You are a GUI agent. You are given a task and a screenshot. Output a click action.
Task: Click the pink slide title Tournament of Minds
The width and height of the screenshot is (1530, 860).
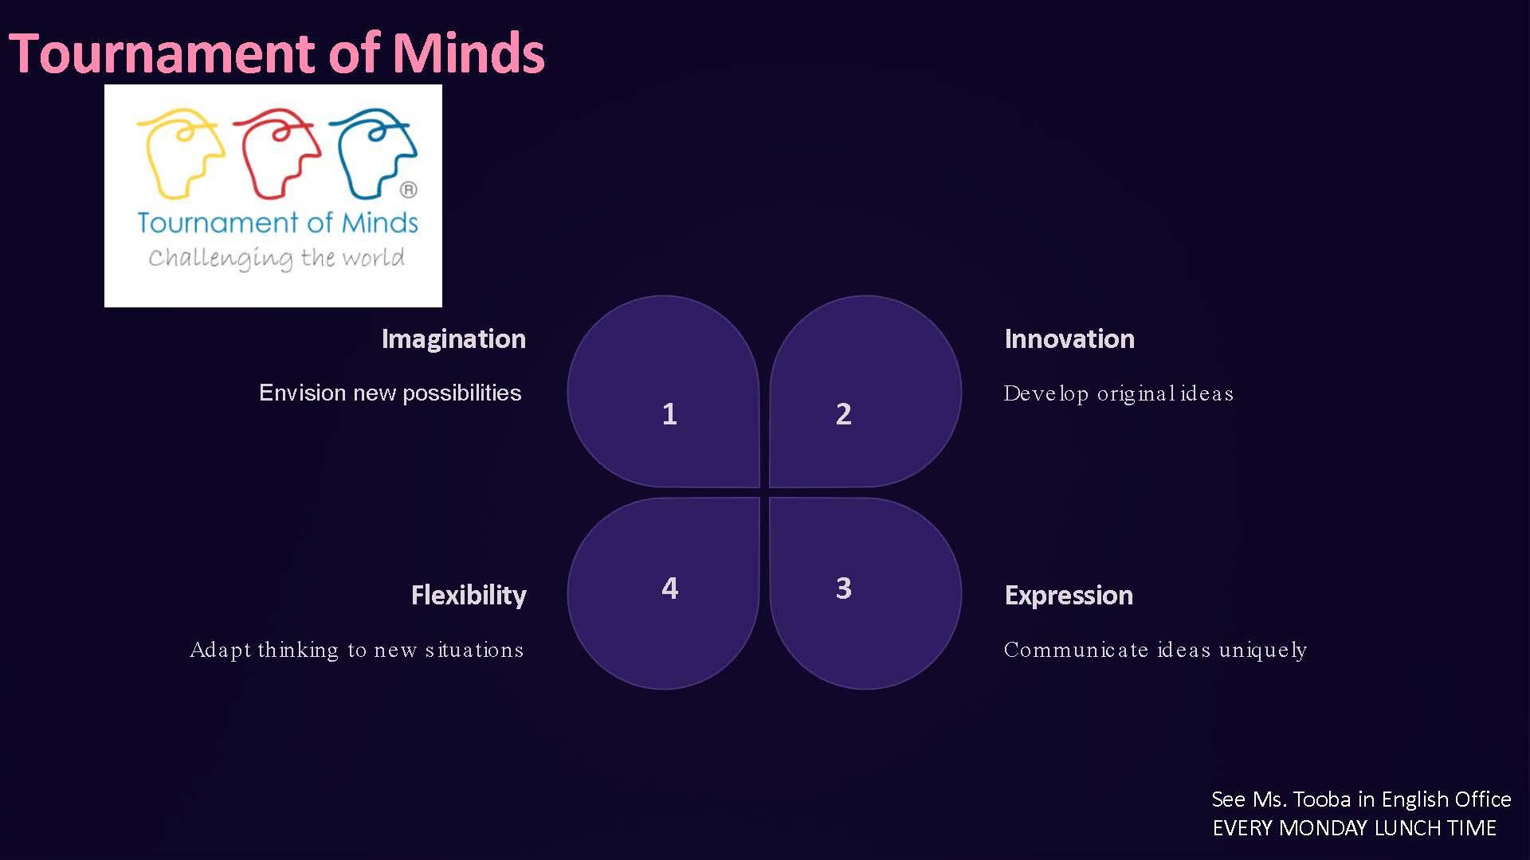click(x=277, y=53)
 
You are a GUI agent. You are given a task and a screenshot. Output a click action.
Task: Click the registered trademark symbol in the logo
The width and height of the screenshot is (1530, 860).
click(x=409, y=190)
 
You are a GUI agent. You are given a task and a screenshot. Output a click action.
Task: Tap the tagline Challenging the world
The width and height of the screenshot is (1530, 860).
click(x=277, y=258)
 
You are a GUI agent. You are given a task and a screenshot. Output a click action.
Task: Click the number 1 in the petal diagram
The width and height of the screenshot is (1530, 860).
click(x=669, y=414)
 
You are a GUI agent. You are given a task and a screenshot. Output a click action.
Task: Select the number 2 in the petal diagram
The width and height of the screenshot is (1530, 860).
click(x=844, y=414)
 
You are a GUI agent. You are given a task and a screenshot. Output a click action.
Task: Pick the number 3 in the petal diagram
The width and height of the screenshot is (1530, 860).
click(x=844, y=588)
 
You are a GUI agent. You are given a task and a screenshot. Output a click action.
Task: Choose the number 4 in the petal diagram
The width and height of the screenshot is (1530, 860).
click(x=670, y=588)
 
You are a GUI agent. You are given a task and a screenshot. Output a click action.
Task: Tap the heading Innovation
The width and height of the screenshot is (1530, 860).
click(x=1069, y=339)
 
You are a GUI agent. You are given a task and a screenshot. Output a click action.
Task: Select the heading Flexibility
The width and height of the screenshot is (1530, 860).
click(x=469, y=596)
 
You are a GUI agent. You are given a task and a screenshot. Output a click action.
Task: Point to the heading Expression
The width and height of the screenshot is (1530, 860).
click(x=1069, y=596)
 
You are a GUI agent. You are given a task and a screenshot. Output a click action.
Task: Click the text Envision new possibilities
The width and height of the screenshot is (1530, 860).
click(x=390, y=393)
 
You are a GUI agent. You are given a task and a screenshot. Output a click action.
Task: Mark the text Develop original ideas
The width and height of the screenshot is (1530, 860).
click(x=1119, y=394)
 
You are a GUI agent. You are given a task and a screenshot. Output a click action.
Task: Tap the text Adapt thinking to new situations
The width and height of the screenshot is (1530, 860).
click(x=357, y=651)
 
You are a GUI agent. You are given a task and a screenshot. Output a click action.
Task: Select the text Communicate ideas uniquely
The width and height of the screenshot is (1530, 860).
click(x=1155, y=651)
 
